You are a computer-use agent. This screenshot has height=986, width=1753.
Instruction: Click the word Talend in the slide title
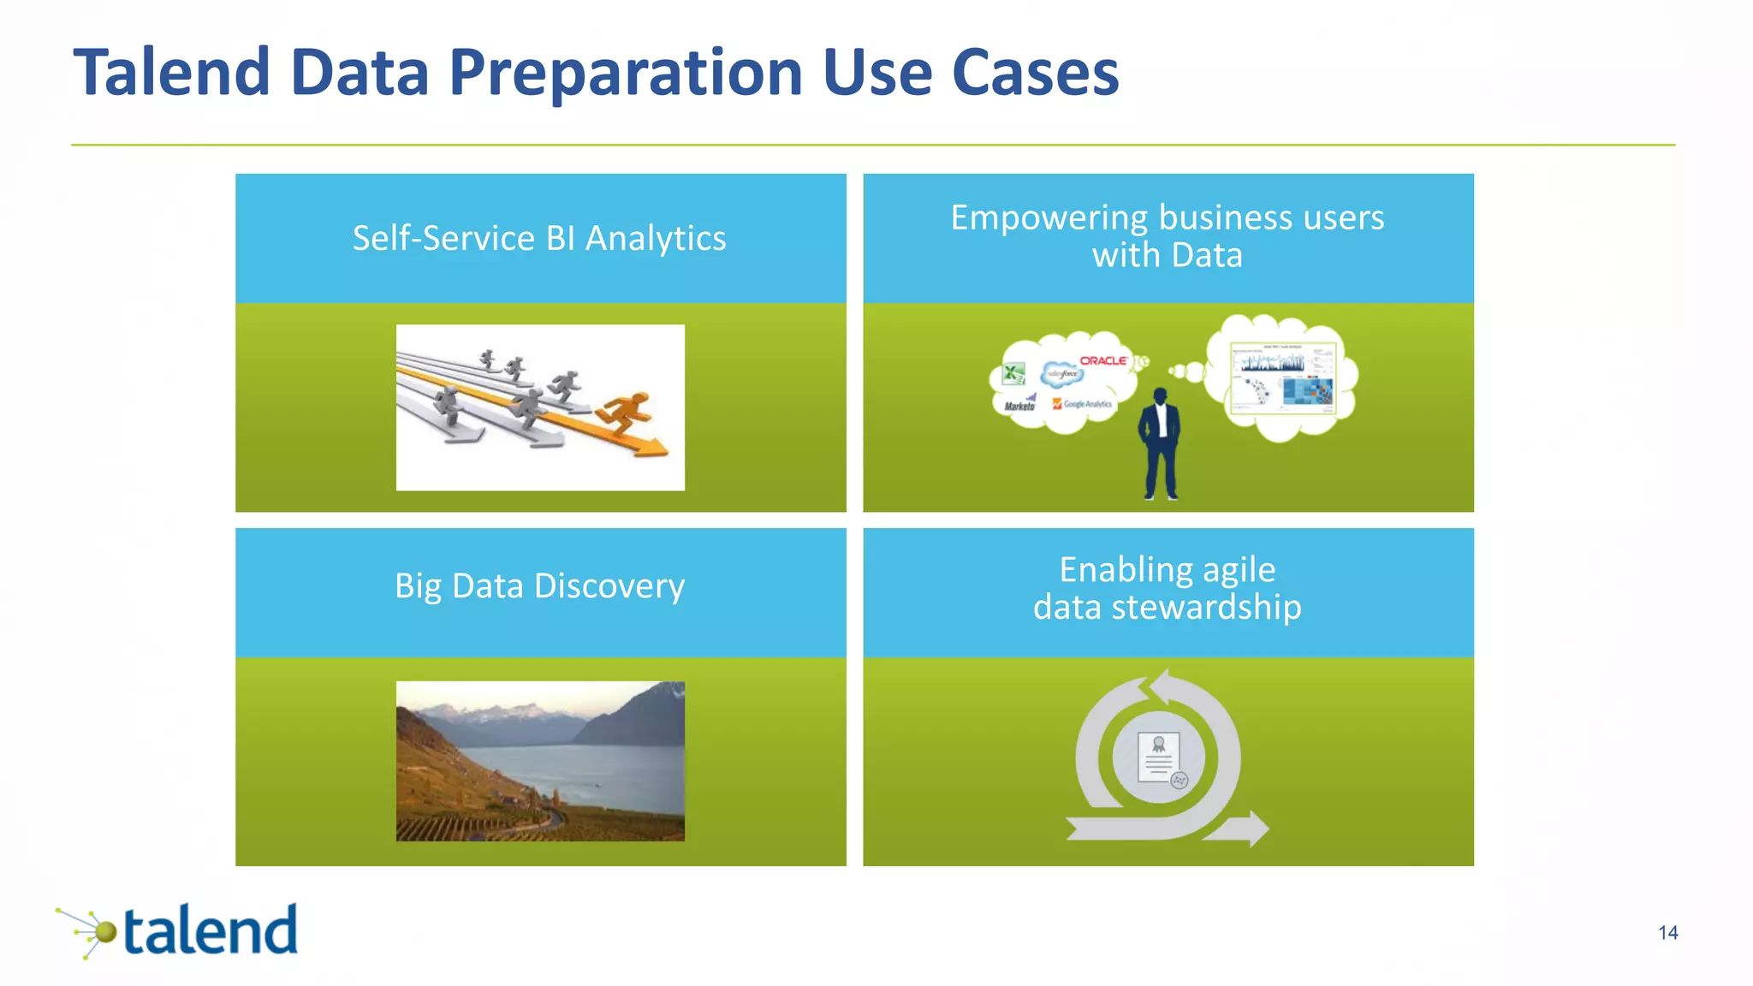point(172,72)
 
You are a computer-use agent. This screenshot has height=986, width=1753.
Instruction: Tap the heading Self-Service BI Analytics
point(539,238)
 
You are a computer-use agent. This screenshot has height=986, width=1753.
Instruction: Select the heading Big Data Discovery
point(539,586)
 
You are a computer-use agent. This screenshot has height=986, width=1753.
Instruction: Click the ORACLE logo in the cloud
point(1102,360)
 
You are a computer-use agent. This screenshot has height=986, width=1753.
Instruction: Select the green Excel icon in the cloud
point(1013,374)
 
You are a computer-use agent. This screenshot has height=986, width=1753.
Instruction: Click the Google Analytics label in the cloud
point(1084,404)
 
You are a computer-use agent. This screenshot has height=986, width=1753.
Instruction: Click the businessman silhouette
point(1160,445)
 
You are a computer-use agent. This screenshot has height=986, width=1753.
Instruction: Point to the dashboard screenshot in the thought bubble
point(1282,377)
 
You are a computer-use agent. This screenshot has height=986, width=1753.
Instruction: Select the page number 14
point(1667,933)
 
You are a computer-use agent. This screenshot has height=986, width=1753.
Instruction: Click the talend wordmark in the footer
point(211,931)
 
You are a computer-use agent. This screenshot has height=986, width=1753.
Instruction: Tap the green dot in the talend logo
point(105,932)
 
